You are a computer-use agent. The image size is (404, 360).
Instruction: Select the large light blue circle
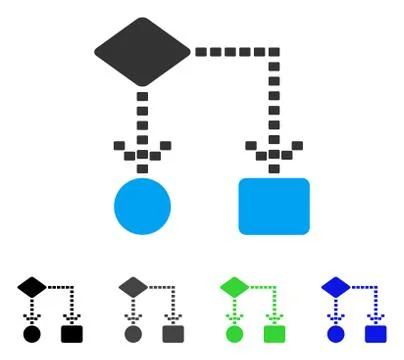pyautogui.click(x=142, y=205)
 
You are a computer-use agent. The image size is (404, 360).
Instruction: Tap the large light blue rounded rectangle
pyautogui.click(x=273, y=205)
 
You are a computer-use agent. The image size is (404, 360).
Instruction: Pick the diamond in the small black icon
pyautogui.click(x=31, y=288)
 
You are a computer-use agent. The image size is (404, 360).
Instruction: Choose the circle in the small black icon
pyautogui.click(x=31, y=333)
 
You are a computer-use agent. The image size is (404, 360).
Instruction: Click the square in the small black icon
pyautogui.click(x=71, y=333)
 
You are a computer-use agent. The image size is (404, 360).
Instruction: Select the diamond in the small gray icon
pyautogui.click(x=133, y=288)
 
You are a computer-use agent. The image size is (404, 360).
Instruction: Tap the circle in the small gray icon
pyautogui.click(x=133, y=333)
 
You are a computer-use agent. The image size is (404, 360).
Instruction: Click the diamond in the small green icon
pyautogui.click(x=234, y=288)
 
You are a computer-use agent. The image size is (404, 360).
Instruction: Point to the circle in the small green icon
pyautogui.click(x=234, y=333)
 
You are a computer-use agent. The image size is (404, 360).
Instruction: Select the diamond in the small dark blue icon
pyautogui.click(x=335, y=288)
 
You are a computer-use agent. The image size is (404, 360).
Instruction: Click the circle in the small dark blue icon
pyautogui.click(x=335, y=333)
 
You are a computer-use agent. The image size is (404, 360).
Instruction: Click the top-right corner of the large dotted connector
pyautogui.click(x=273, y=51)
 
